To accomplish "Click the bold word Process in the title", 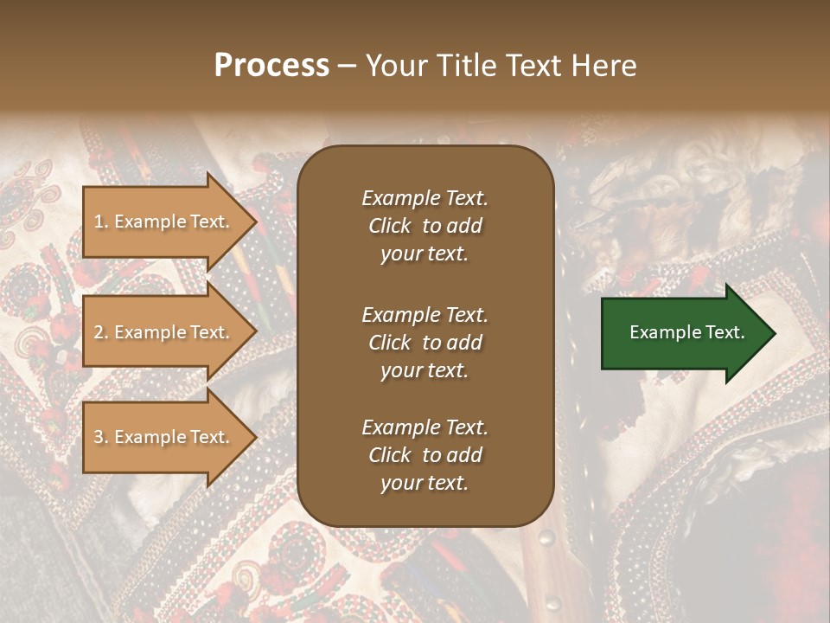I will [x=271, y=66].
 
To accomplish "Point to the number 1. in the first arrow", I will [x=101, y=222].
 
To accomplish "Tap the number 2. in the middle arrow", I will [x=101, y=332].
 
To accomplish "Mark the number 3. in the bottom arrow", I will [x=101, y=438].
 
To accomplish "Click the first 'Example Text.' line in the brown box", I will [x=425, y=198].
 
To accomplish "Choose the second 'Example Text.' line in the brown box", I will [x=425, y=315].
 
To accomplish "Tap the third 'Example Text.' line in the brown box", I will [x=425, y=427].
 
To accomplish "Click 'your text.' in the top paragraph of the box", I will [x=425, y=254].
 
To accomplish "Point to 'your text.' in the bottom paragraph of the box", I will [x=425, y=484].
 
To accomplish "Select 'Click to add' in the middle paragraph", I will [x=425, y=343].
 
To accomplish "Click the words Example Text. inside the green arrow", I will [x=686, y=332].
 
